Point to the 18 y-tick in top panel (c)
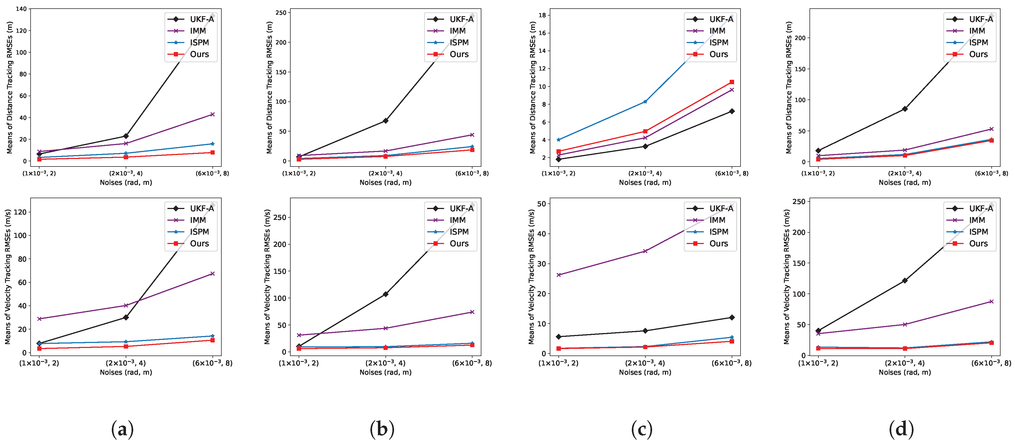(x=542, y=15)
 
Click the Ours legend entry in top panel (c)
(x=718, y=54)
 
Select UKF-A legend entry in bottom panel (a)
(x=201, y=208)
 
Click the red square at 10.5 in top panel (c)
(x=732, y=82)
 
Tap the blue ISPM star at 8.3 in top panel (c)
(x=645, y=102)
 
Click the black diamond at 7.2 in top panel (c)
(x=732, y=111)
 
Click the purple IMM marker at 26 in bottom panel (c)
(x=559, y=275)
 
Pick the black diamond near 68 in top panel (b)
(x=385, y=121)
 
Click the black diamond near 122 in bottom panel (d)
(x=905, y=280)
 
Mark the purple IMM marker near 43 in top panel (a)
(x=212, y=114)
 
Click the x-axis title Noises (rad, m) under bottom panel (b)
(x=385, y=372)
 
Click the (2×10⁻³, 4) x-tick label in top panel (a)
(x=126, y=173)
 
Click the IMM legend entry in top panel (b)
(x=457, y=31)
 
